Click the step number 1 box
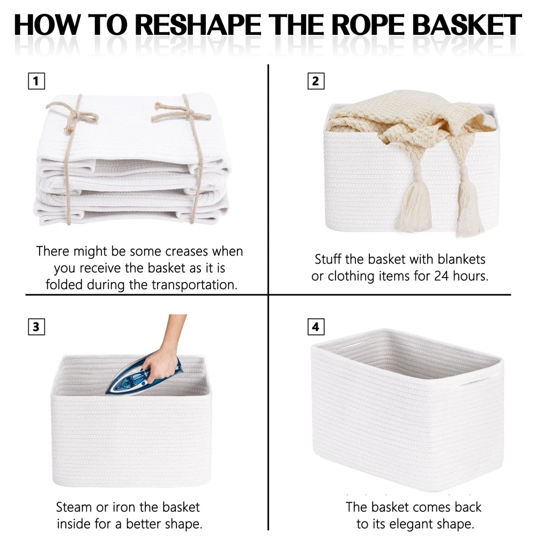36,81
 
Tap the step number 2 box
316,81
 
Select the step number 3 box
36,327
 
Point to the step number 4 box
316,327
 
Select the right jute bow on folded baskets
181,111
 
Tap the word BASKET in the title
467,25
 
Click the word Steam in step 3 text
74,507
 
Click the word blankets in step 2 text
461,259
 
